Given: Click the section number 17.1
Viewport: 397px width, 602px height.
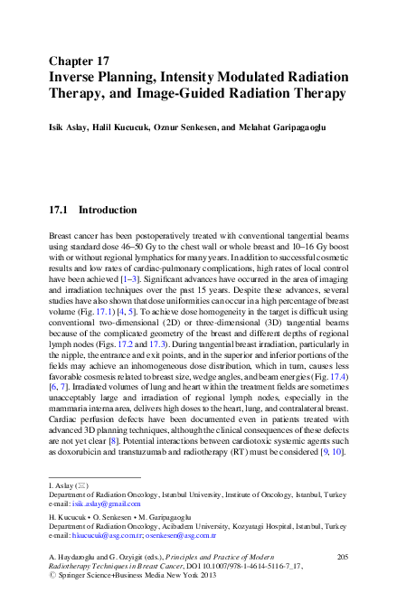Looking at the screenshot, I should pos(58,210).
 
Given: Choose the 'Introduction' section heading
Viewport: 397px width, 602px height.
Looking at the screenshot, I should pos(108,210).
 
